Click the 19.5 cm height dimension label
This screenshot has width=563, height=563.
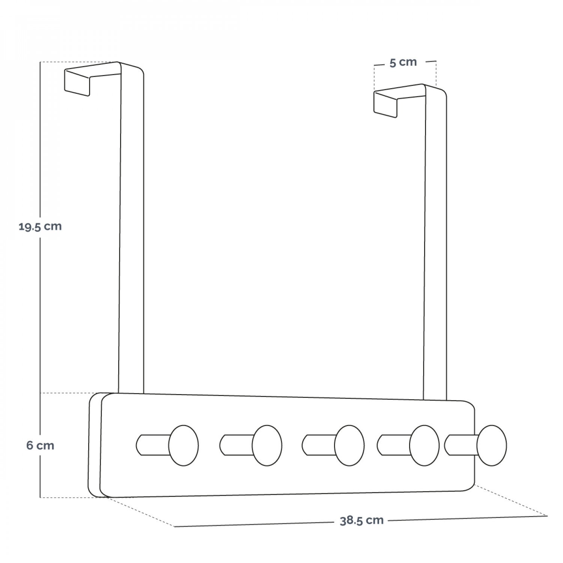point(40,227)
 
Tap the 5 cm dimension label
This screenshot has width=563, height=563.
point(403,62)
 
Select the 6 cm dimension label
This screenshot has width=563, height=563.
point(40,446)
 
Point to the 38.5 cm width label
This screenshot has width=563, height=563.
point(361,521)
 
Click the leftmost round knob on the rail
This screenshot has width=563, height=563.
point(184,446)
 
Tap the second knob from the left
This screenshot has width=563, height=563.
point(267,446)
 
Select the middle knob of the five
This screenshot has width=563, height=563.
point(349,446)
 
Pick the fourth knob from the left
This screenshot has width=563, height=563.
point(424,446)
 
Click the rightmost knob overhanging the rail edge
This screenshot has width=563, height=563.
point(492,446)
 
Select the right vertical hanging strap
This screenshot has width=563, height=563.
point(435,244)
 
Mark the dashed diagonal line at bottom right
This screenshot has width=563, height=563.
point(511,501)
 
